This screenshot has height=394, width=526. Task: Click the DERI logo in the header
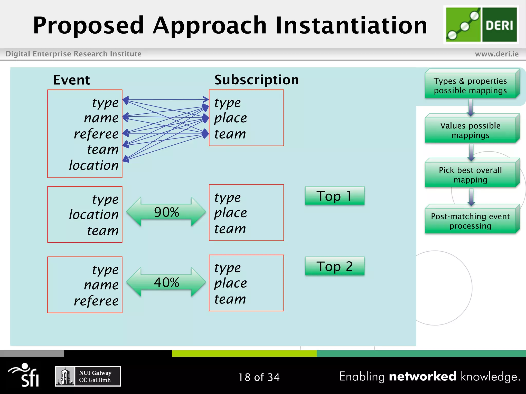point(481,25)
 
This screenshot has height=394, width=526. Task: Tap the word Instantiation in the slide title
point(351,25)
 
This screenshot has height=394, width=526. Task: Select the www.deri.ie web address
point(497,54)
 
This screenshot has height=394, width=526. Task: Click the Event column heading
point(71,80)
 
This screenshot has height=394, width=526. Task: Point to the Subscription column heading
point(257,80)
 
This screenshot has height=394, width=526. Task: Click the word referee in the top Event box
point(96,134)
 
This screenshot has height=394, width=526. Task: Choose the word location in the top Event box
point(94,165)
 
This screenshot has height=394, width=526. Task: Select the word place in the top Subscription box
point(231,118)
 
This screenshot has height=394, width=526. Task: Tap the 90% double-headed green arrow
point(166,212)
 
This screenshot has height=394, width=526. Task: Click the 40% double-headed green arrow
point(166,282)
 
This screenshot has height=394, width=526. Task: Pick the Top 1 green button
point(334,196)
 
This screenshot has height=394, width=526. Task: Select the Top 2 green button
point(334,266)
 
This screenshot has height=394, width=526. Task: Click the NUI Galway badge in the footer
point(88,376)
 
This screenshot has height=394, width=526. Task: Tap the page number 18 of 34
point(259,377)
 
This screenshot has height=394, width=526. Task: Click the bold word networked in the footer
point(422,376)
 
